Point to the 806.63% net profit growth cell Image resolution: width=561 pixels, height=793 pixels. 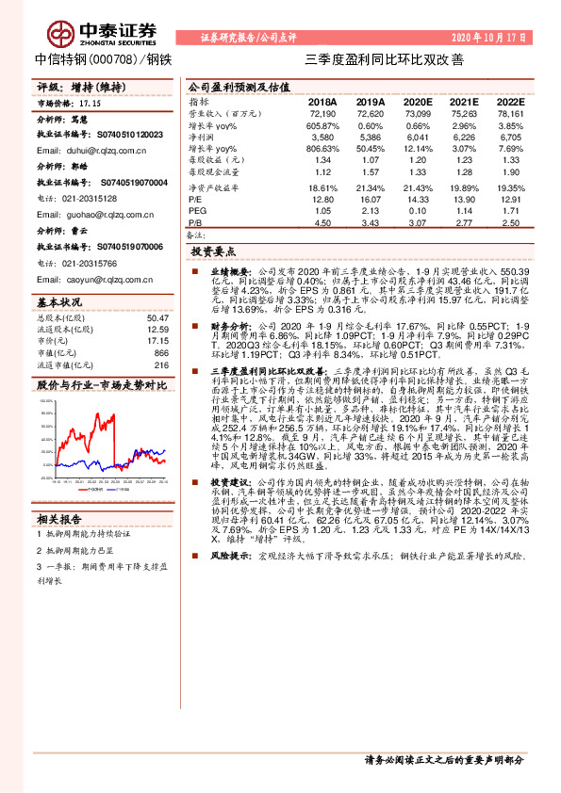point(321,149)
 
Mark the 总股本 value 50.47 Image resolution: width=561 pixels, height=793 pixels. point(157,318)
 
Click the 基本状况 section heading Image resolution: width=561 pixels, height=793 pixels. point(60,301)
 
